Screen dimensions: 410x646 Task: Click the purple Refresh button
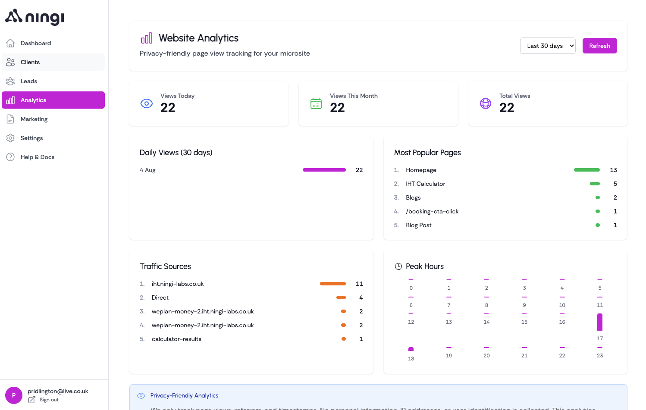pyautogui.click(x=599, y=46)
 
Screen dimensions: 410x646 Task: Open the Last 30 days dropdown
pyautogui.click(x=547, y=46)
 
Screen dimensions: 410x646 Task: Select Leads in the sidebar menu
pyautogui.click(x=29, y=81)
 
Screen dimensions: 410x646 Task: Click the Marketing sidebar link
pyautogui.click(x=34, y=119)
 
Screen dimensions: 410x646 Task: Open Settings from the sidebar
pyautogui.click(x=31, y=138)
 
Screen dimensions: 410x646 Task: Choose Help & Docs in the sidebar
pyautogui.click(x=38, y=157)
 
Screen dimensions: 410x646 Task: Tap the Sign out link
pyautogui.click(x=49, y=400)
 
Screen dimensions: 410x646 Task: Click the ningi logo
pyautogui.click(x=34, y=17)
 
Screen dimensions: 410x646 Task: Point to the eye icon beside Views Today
pyautogui.click(x=147, y=103)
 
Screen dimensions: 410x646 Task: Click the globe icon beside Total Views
pyautogui.click(x=486, y=103)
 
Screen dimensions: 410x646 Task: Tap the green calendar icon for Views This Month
pyautogui.click(x=316, y=103)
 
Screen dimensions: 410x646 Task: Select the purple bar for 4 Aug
pyautogui.click(x=324, y=170)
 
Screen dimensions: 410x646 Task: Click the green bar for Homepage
pyautogui.click(x=586, y=170)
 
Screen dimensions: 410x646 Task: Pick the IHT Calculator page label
pyautogui.click(x=425, y=184)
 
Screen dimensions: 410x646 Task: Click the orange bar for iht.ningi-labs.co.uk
pyautogui.click(x=332, y=284)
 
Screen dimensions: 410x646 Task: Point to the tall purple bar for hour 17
pyautogui.click(x=600, y=322)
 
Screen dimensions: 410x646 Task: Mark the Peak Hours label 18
pyautogui.click(x=411, y=359)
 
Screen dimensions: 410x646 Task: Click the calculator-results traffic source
pyautogui.click(x=176, y=339)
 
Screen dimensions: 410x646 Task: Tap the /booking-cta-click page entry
pyautogui.click(x=432, y=211)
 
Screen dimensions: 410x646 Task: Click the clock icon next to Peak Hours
pyautogui.click(x=398, y=266)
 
